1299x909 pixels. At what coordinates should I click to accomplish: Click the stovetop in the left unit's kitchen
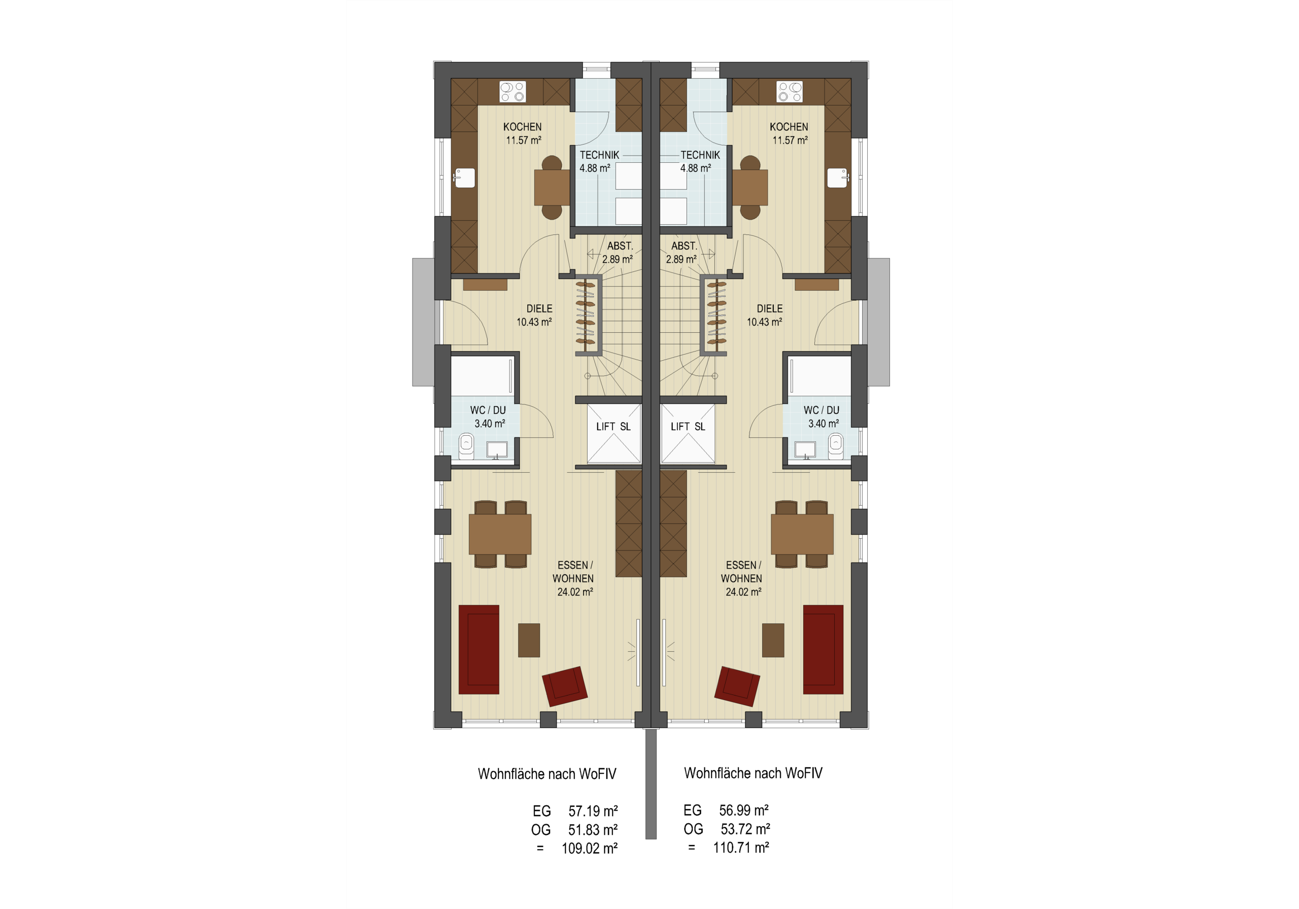[x=512, y=92]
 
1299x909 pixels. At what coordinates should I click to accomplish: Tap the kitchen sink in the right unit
[x=838, y=178]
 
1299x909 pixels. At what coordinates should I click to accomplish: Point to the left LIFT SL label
[x=613, y=427]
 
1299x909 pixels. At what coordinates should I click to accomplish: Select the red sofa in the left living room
[x=478, y=649]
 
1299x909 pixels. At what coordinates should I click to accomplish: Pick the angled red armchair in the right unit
[x=737, y=686]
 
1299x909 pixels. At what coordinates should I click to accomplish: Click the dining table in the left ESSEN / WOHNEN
[x=500, y=534]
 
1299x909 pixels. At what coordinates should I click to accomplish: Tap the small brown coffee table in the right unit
[x=773, y=640]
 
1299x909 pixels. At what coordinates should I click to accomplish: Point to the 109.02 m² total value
[x=590, y=849]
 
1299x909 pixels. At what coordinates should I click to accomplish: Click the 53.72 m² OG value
[x=745, y=829]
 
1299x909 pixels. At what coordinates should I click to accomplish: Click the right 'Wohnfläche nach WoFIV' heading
[x=753, y=773]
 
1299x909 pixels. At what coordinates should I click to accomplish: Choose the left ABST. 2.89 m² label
[x=618, y=253]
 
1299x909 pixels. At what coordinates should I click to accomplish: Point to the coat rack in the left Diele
[x=586, y=314]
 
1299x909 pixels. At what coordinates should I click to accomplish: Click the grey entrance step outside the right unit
[x=879, y=323]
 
